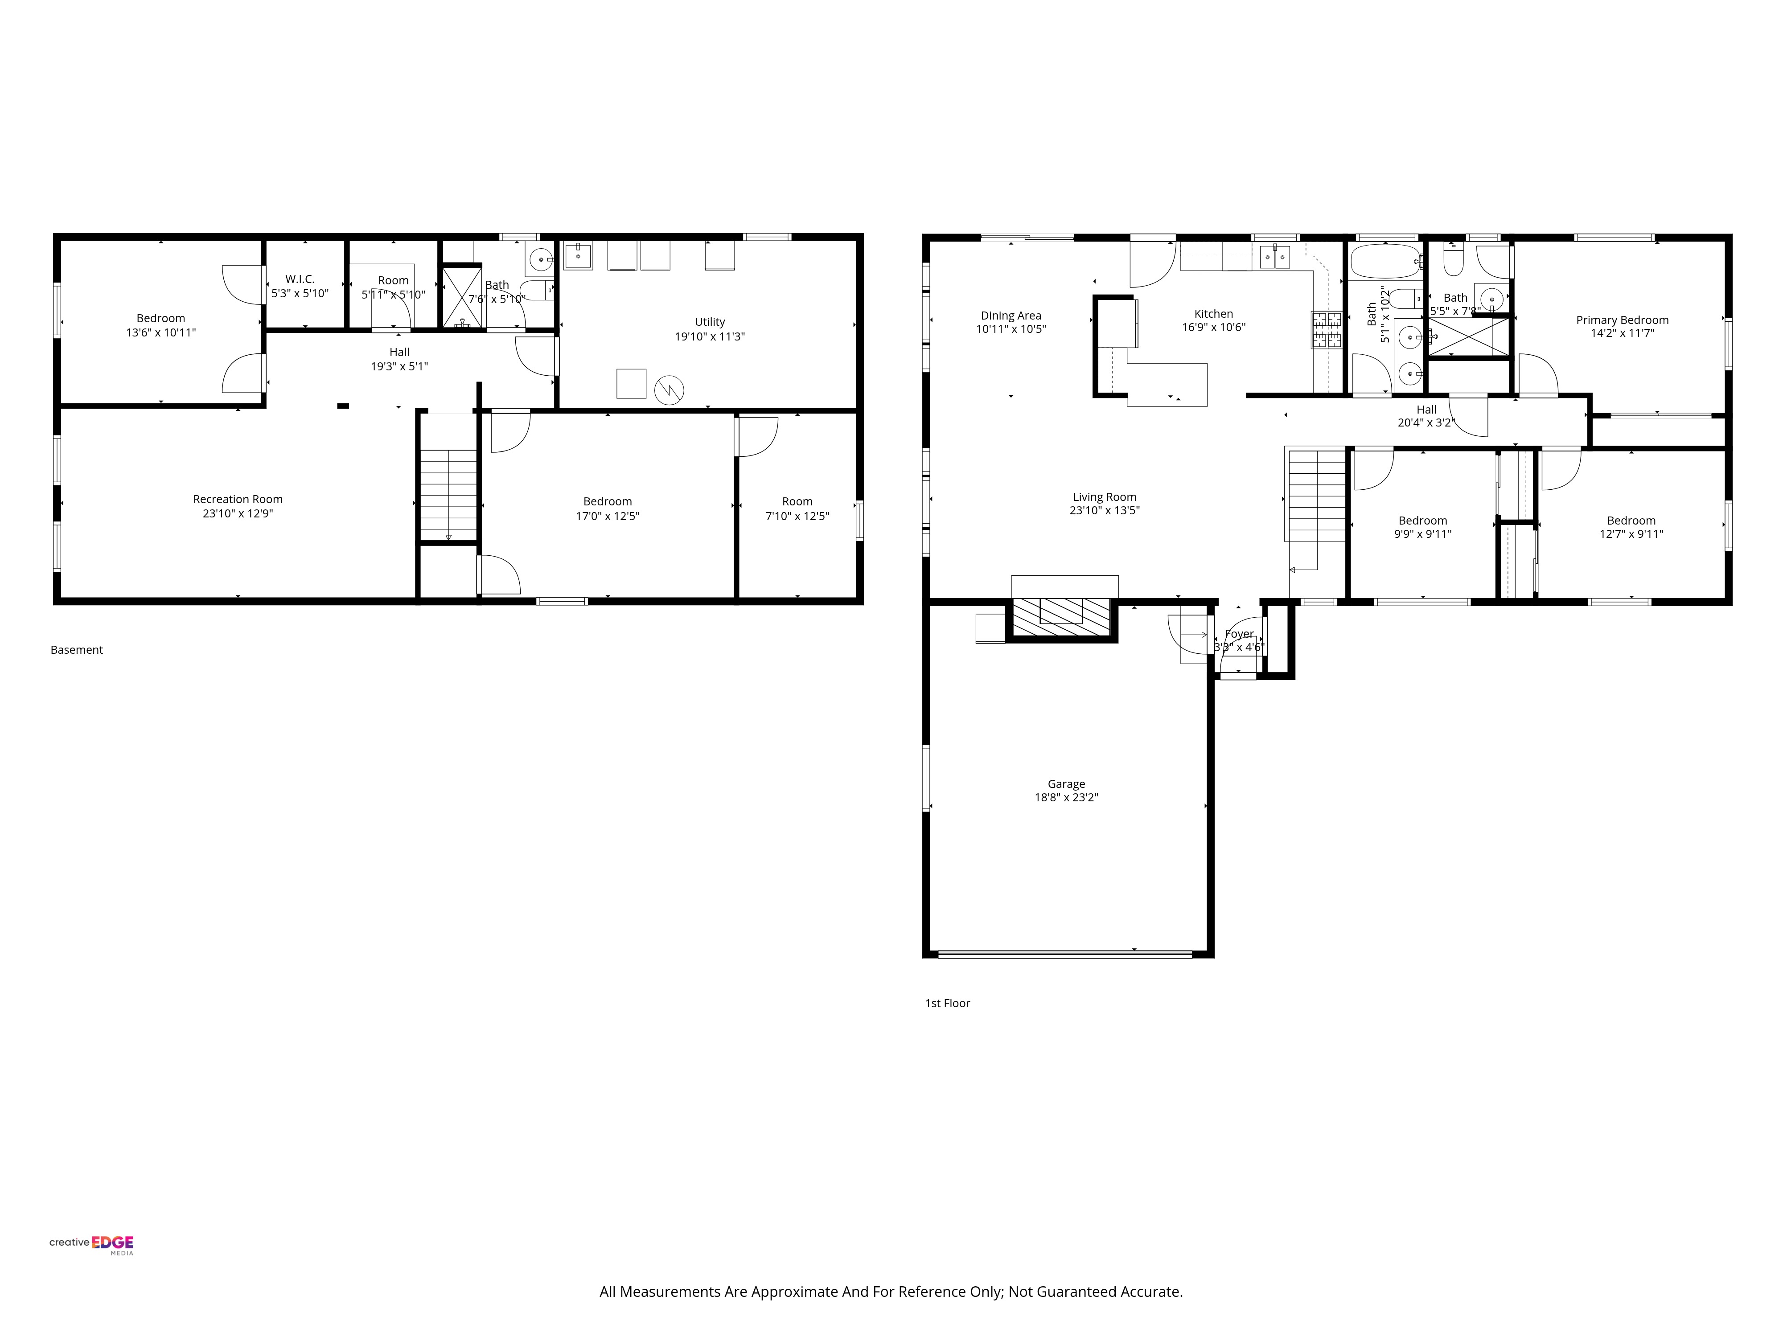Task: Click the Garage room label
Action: pyautogui.click(x=1066, y=783)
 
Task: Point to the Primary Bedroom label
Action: pyautogui.click(x=1622, y=320)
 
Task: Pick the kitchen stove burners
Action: pyautogui.click(x=1327, y=330)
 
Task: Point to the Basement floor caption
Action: pyautogui.click(x=77, y=650)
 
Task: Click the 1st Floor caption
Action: pyautogui.click(x=947, y=1003)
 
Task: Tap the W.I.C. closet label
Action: pyautogui.click(x=300, y=279)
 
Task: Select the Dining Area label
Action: pyautogui.click(x=1011, y=316)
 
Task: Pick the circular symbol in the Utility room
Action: pyautogui.click(x=669, y=391)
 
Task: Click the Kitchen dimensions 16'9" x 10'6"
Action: pyautogui.click(x=1213, y=327)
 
